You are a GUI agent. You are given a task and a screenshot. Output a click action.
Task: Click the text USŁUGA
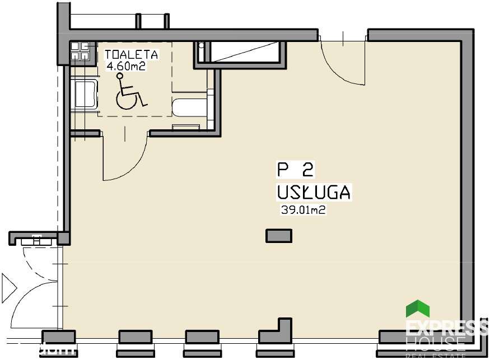click(314, 193)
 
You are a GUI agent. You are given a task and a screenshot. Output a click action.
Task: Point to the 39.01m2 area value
click(303, 211)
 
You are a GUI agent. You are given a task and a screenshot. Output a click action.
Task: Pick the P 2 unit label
click(296, 169)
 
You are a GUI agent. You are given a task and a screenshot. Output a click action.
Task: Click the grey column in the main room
click(279, 236)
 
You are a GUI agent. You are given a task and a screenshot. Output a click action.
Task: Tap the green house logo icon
click(417, 309)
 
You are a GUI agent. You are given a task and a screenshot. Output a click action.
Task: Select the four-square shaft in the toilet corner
click(80, 52)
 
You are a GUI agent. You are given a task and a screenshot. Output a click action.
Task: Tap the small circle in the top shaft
click(202, 44)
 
